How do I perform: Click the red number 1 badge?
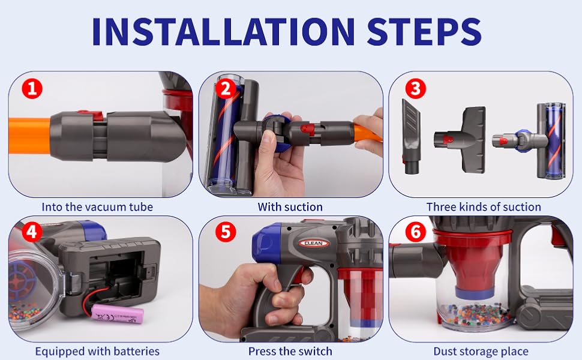tap(32, 89)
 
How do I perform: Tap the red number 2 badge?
tap(226, 89)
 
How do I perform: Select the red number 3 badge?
tap(415, 89)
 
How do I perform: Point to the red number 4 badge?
tap(32, 232)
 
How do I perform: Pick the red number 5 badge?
tap(226, 232)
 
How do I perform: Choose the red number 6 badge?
tap(415, 232)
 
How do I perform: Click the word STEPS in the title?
tap(424, 32)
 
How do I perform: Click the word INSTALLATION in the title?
tap(223, 32)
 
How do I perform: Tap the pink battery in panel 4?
tap(117, 314)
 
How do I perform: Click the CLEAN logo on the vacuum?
tap(314, 244)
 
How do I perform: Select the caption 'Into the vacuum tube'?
tap(97, 207)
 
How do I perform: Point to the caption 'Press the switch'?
tap(290, 351)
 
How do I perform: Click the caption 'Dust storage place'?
tap(481, 351)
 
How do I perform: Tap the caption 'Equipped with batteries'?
tap(97, 351)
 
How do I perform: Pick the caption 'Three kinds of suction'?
tap(484, 207)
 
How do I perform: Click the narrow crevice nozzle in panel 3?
tap(411, 136)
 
